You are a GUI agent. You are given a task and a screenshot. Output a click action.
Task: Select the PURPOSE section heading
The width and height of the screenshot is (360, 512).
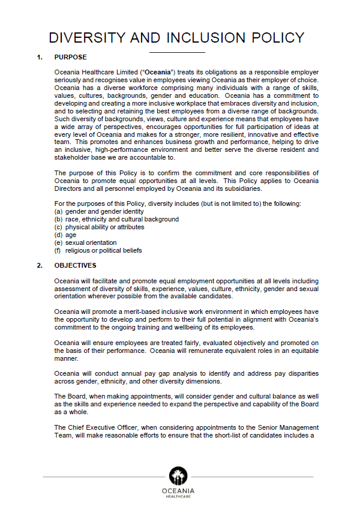tap(70, 58)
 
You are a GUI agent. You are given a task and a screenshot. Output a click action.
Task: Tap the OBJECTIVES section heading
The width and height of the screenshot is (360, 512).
tap(75, 265)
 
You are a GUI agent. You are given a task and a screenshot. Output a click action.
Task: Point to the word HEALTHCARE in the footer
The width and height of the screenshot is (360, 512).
tap(178, 497)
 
